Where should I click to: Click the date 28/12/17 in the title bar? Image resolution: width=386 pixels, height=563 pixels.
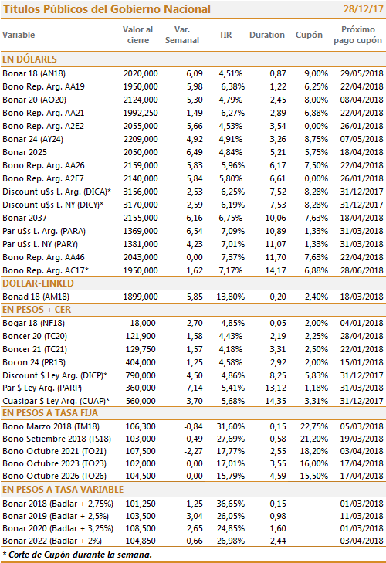[x=363, y=9]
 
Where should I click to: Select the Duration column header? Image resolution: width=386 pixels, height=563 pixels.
[x=267, y=35]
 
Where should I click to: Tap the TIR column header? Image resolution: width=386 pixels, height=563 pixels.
[x=225, y=35]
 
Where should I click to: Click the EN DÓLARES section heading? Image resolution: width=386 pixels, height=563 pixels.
[x=30, y=59]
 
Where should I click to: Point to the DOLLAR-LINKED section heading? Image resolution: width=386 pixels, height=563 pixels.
[x=38, y=283]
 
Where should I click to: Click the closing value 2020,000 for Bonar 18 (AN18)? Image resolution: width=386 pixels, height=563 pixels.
[x=141, y=73]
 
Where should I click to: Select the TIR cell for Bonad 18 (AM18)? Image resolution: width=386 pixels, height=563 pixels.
[x=231, y=297]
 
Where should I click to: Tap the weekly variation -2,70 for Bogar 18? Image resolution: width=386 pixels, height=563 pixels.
[x=193, y=323]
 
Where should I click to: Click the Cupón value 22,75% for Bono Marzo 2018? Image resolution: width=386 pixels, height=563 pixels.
[x=314, y=426]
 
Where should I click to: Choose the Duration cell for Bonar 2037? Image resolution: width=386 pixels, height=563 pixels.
[x=276, y=218]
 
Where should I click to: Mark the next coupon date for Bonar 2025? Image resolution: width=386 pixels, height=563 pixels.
[x=361, y=152]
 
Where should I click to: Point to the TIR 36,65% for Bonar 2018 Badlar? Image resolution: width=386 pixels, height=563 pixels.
[x=231, y=504]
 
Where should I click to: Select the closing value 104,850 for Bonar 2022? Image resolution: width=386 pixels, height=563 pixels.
[x=141, y=541]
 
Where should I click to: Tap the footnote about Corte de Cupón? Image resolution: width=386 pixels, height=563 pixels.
[x=77, y=555]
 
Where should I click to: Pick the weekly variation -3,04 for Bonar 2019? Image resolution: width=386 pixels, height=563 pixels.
[x=193, y=516]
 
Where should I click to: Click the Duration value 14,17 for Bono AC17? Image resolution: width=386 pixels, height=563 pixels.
[x=276, y=270]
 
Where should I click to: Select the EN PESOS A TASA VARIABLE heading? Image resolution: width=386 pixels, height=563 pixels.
[x=63, y=490]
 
